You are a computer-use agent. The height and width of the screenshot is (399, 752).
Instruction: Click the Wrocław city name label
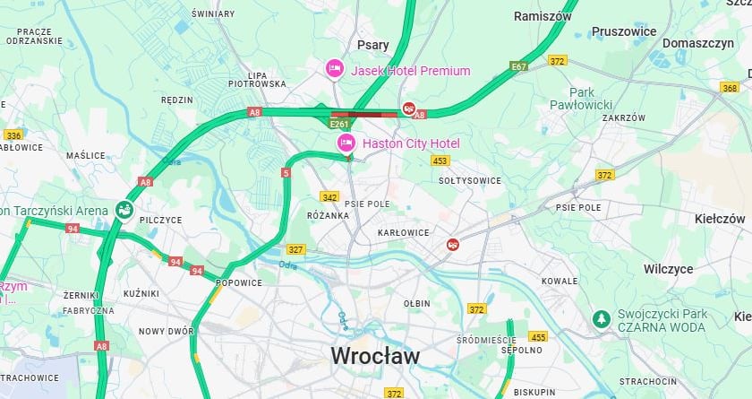(375, 356)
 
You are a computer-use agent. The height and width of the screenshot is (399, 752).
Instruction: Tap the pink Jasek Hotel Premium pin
(334, 68)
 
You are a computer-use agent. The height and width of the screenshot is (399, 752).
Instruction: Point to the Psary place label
(372, 44)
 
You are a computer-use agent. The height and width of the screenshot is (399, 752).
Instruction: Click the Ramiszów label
(543, 16)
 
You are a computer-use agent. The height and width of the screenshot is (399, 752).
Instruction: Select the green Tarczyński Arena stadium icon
(124, 211)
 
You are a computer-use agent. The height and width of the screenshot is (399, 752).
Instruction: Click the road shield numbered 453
(440, 161)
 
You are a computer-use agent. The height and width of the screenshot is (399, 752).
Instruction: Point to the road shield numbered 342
(330, 196)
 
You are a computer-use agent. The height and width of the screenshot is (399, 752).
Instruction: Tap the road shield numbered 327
(295, 249)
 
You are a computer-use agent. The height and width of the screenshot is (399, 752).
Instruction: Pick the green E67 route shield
(518, 66)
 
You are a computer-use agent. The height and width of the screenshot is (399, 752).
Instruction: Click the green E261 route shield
(339, 124)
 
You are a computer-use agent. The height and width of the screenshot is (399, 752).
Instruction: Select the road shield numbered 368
(730, 87)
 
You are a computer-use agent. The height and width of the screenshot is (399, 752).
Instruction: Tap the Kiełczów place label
(720, 219)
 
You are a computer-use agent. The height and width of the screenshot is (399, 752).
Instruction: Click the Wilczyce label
(668, 268)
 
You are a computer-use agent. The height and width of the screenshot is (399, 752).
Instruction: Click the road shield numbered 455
(538, 337)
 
